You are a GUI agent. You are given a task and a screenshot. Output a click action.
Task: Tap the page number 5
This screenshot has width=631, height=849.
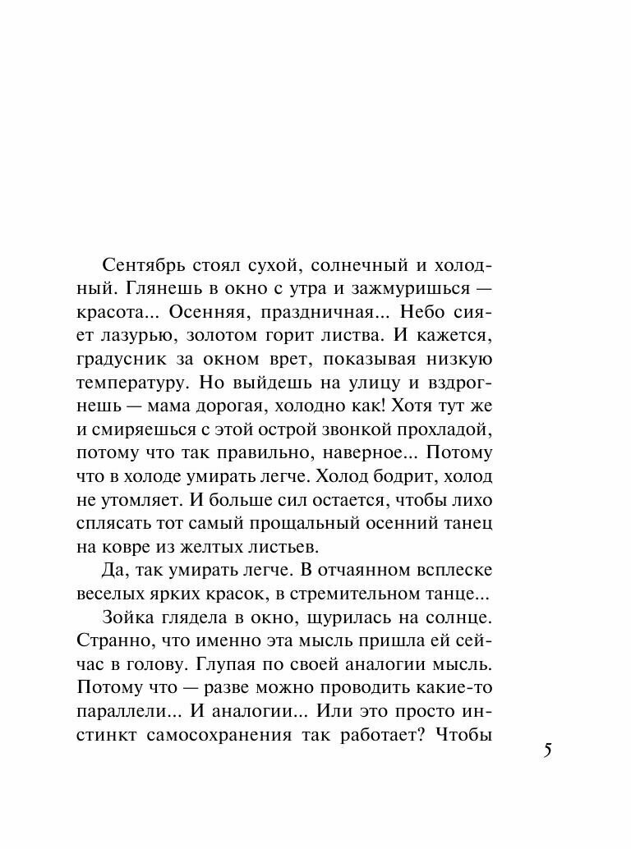click(548, 750)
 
